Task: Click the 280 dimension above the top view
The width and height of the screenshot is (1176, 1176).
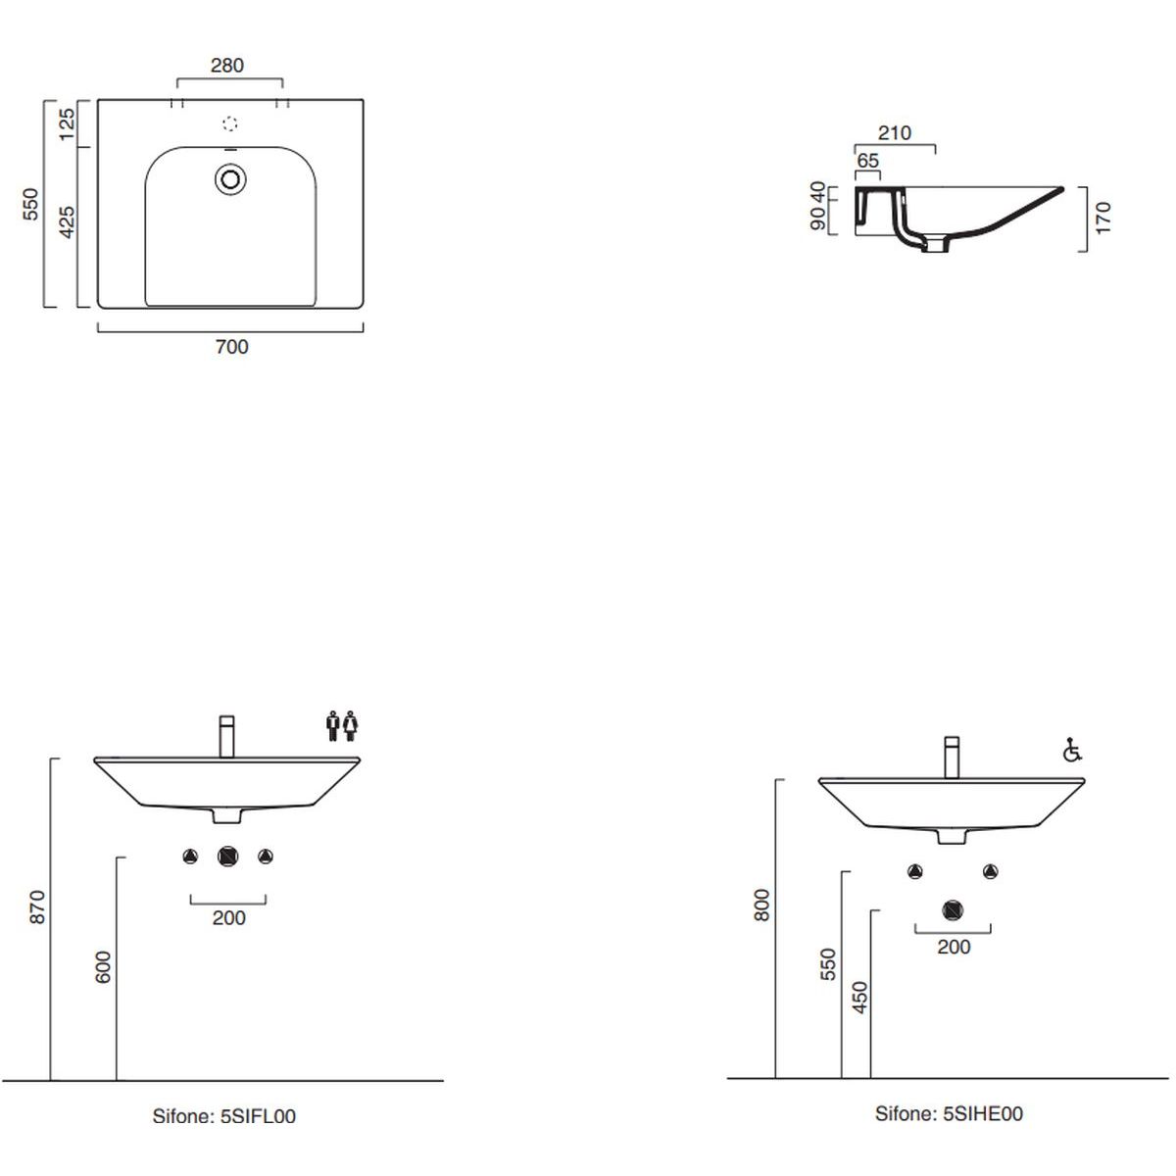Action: click(227, 66)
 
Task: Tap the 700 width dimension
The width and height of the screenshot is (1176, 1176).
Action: click(232, 347)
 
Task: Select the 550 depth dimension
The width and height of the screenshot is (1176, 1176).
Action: click(30, 205)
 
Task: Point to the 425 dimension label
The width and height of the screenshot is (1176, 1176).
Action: click(67, 222)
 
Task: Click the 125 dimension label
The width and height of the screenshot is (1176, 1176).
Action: click(67, 123)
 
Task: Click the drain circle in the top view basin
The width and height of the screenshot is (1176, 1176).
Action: click(230, 179)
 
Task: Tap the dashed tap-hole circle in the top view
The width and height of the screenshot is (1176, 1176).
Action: click(230, 123)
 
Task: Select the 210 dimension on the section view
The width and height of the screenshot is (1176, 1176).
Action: click(894, 133)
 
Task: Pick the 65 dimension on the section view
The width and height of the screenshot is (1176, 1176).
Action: click(868, 161)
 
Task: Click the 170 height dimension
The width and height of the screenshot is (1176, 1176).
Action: click(1103, 219)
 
